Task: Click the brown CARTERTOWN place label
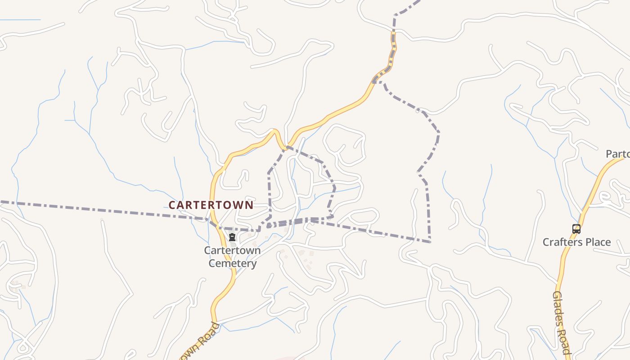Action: point(211,205)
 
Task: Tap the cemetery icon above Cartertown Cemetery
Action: point(232,237)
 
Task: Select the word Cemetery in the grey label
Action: point(233,263)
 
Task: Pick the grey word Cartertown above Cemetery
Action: point(232,250)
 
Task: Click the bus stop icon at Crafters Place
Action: point(576,229)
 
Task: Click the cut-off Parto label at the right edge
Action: point(617,154)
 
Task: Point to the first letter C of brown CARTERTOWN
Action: point(172,205)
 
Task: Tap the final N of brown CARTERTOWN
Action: point(249,205)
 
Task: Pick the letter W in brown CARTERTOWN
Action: point(238,205)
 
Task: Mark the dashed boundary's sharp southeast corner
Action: point(430,242)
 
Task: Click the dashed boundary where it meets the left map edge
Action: point(1,202)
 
